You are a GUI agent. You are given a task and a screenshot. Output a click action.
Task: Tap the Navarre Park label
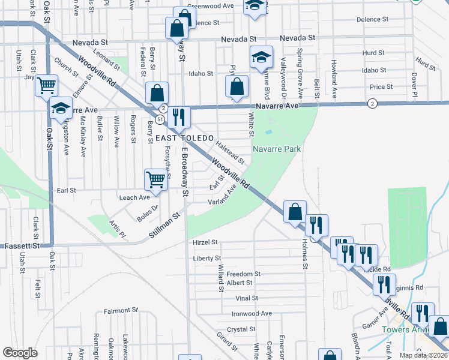point(276,148)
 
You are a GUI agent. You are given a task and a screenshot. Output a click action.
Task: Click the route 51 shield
point(158,119)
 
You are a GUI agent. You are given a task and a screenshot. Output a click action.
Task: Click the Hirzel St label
point(205,242)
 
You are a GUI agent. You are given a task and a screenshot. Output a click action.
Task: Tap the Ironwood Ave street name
point(253,313)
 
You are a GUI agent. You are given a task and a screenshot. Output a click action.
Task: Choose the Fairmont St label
point(121,310)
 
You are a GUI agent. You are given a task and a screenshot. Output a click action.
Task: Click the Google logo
point(20,353)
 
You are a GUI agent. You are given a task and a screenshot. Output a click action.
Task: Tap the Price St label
point(381,87)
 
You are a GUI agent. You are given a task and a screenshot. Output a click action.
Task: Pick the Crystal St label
point(241,329)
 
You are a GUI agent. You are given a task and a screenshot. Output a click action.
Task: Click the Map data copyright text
point(424,355)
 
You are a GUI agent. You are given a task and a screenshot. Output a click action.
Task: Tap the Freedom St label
point(243,274)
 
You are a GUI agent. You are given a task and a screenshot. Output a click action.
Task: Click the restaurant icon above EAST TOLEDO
point(178,116)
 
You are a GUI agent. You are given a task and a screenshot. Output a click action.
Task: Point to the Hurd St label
point(373,53)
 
